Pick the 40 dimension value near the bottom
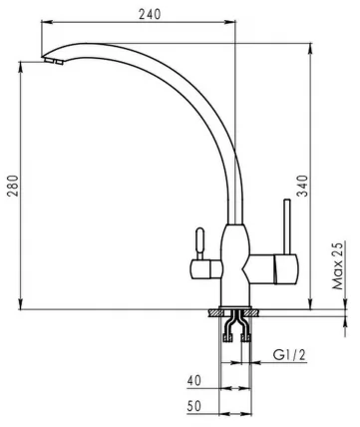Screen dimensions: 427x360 point(195,381)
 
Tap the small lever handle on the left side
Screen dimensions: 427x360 point(197,241)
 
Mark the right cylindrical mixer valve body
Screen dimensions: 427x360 point(279,267)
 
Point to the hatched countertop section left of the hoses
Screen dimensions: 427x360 point(215,313)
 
